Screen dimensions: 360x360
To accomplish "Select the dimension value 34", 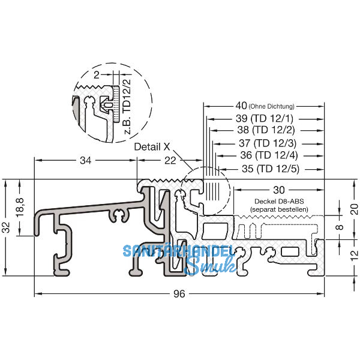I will (86, 160).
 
